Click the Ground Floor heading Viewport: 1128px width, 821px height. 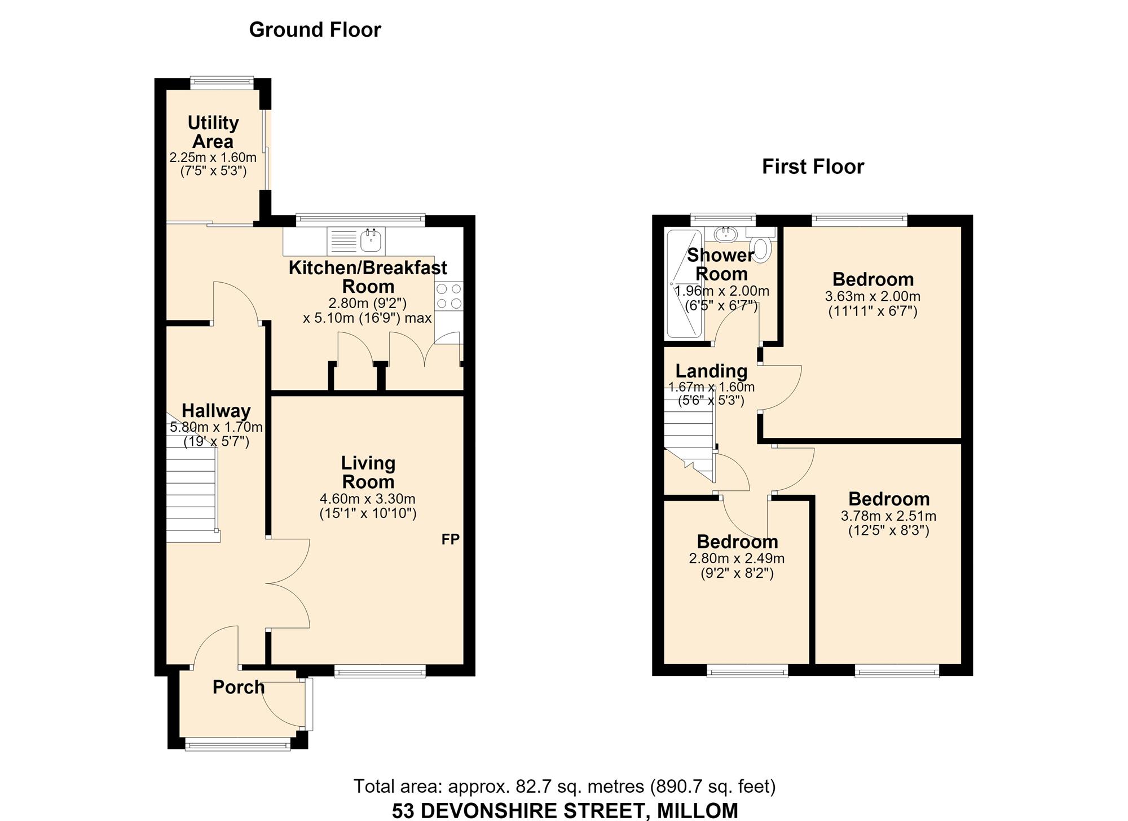[x=315, y=30]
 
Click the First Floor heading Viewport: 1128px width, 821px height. [x=813, y=166]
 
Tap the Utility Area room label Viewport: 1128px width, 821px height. [x=213, y=132]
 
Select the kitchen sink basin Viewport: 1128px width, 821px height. [x=372, y=241]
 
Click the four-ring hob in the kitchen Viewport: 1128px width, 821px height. [x=449, y=296]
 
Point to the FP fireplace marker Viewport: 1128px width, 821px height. [x=451, y=539]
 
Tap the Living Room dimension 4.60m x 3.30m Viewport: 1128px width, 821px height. [x=368, y=499]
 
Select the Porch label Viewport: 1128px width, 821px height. [x=239, y=687]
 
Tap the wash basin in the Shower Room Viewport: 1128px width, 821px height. [x=725, y=233]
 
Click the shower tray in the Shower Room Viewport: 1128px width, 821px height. [x=684, y=283]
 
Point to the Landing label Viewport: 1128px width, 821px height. [x=711, y=371]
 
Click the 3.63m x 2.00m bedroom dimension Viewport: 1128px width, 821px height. [x=873, y=296]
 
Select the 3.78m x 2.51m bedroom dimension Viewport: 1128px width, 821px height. [x=888, y=516]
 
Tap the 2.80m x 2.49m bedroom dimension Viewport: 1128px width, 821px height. [x=737, y=559]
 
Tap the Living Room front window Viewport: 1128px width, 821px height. [x=380, y=670]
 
